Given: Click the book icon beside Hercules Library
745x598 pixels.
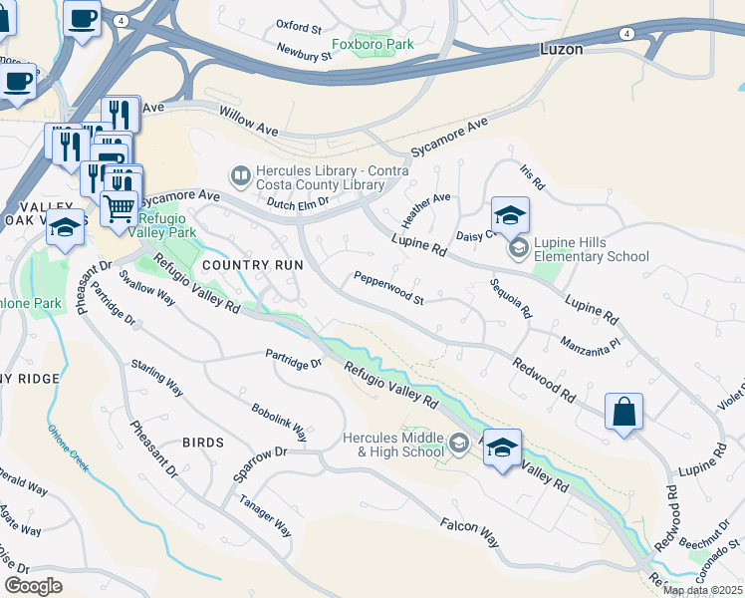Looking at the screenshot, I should [x=240, y=176].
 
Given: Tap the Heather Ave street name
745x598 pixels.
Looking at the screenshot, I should [x=426, y=209].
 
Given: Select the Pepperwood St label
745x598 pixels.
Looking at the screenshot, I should [x=388, y=291].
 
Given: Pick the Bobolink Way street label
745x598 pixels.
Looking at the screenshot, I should [x=280, y=423].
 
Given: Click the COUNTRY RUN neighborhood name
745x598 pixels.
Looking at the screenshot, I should [x=252, y=266].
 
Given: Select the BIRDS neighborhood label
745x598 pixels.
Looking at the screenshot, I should [x=203, y=442].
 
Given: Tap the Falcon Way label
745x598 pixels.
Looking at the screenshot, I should [x=470, y=532].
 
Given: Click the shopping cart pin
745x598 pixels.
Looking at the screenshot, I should [x=121, y=208].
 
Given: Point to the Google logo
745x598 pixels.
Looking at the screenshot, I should [x=33, y=586].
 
